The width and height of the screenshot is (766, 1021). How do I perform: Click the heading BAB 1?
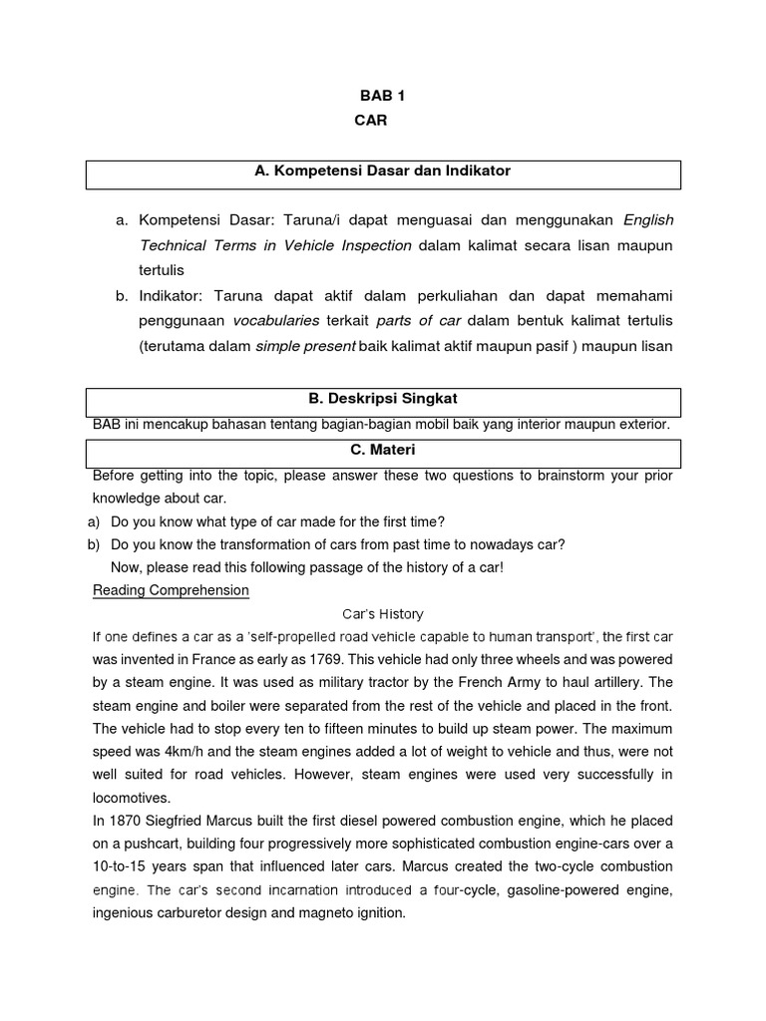[x=383, y=96]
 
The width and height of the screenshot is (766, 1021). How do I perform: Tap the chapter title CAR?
[x=369, y=121]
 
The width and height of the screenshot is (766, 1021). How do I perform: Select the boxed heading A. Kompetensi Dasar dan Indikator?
[x=383, y=171]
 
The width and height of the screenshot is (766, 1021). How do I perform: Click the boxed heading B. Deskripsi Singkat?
[x=383, y=399]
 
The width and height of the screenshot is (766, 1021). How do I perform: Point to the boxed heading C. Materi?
[x=383, y=451]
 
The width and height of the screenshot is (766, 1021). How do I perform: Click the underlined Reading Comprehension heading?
[x=171, y=590]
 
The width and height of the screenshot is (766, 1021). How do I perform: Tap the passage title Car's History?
[x=383, y=614]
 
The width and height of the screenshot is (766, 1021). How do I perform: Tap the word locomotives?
[x=131, y=798]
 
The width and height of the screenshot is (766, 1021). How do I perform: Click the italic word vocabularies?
[x=275, y=320]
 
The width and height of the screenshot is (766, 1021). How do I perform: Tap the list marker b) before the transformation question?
[x=95, y=544]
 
